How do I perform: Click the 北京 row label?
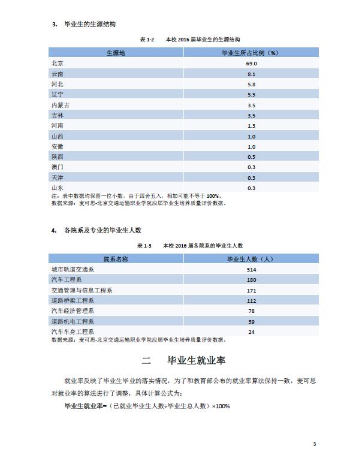click(x=58, y=63)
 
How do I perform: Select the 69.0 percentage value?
click(x=251, y=63)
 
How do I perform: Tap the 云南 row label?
click(x=58, y=74)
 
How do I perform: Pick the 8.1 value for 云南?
click(x=251, y=74)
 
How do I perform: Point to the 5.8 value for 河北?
click(x=251, y=84)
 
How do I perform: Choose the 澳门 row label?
click(x=58, y=167)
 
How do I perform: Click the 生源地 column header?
click(x=116, y=53)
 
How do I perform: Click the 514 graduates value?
click(x=251, y=270)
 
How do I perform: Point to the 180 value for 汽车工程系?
click(x=251, y=280)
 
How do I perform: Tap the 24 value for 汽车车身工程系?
click(x=251, y=332)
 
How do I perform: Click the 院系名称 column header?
click(x=116, y=259)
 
